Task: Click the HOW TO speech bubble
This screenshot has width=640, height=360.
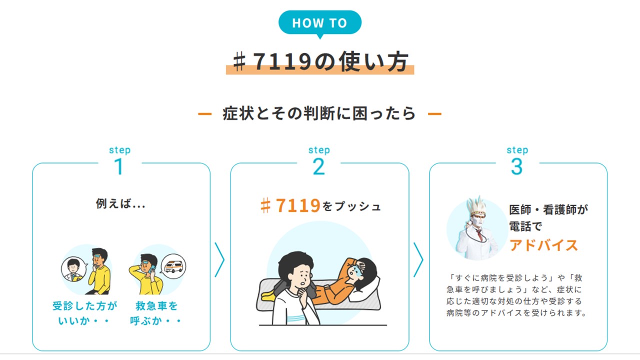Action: (x=319, y=23)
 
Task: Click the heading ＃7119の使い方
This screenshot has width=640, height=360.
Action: (x=320, y=62)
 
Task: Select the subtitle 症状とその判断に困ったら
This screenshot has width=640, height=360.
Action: (x=319, y=113)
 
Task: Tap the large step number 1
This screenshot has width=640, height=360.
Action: (x=119, y=166)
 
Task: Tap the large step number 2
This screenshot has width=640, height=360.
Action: (x=318, y=166)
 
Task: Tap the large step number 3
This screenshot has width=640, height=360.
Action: (x=516, y=166)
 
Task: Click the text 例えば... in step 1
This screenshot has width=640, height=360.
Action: (x=120, y=204)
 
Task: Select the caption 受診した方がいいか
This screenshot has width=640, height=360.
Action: (x=84, y=312)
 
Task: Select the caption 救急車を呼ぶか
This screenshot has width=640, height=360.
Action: (x=156, y=312)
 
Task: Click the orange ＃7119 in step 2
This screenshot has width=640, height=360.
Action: (x=290, y=205)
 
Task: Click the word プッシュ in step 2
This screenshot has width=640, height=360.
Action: (x=357, y=206)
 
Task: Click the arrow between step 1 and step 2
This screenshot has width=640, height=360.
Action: (x=219, y=259)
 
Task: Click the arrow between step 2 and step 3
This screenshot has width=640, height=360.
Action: (x=418, y=259)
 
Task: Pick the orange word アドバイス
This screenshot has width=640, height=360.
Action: (x=543, y=245)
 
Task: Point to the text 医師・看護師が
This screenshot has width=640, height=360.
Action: (x=548, y=210)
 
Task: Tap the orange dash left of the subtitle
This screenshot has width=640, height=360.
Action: (x=204, y=114)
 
